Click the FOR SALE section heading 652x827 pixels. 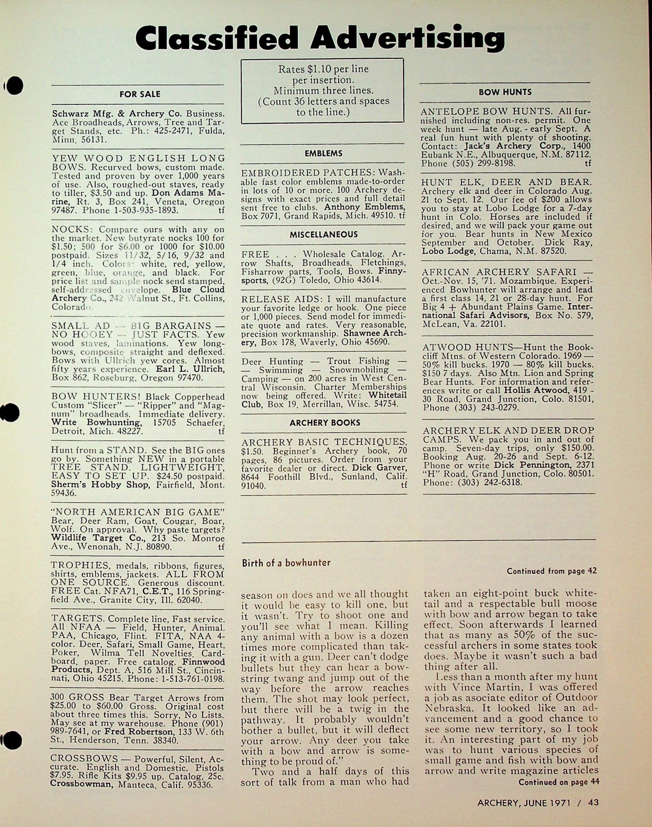[x=140, y=94]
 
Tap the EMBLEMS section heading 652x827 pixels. [x=323, y=153]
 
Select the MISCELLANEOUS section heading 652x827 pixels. [x=323, y=234]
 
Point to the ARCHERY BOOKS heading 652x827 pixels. [x=324, y=423]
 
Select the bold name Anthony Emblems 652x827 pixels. [x=364, y=207]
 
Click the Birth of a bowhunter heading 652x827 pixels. [x=286, y=563]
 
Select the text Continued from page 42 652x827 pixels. [x=551, y=571]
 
